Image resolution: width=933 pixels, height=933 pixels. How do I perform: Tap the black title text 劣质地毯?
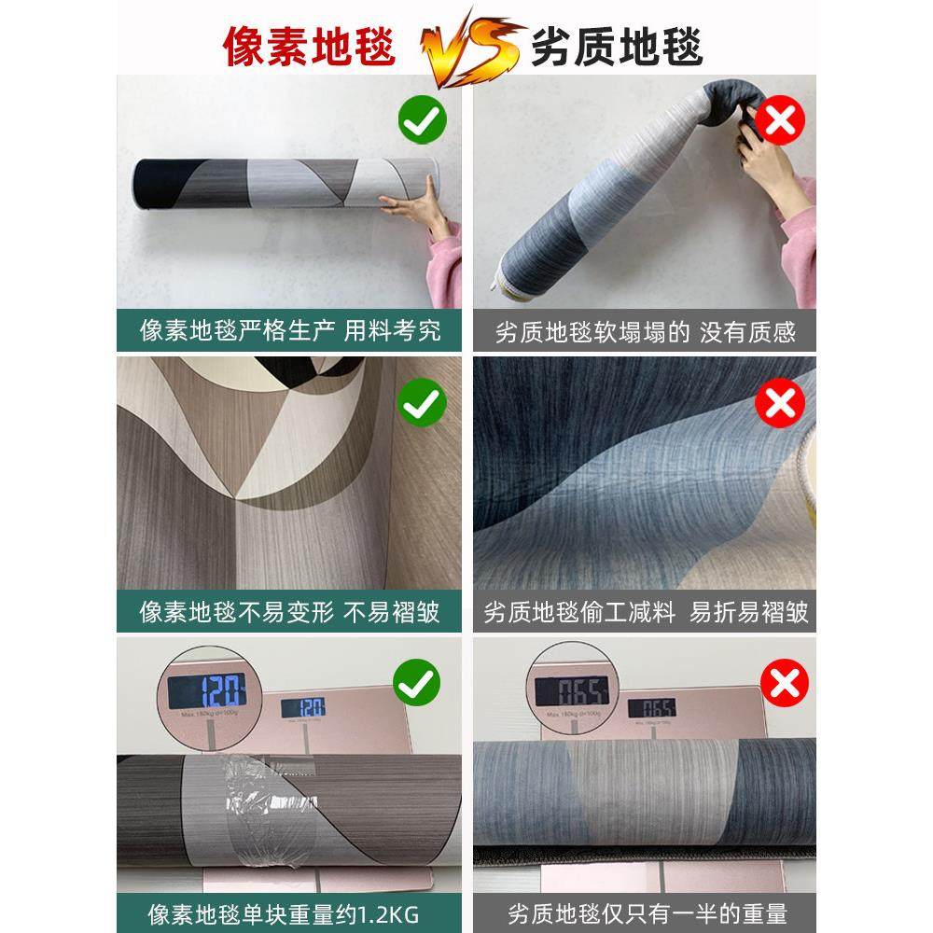coord(617,44)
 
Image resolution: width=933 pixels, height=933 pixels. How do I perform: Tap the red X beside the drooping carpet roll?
coord(783,120)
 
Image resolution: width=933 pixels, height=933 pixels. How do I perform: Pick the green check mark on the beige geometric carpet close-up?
coord(423,403)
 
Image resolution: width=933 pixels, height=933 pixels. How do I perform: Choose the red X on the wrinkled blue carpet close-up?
coord(783,403)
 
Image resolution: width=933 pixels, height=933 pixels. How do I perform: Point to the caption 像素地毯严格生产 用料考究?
coord(289,330)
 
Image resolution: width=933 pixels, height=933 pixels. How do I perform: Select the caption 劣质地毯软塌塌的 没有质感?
coord(645,332)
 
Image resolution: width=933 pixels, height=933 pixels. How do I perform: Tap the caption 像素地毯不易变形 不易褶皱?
coord(289,612)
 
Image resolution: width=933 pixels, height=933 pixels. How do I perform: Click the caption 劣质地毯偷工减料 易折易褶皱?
coord(645,613)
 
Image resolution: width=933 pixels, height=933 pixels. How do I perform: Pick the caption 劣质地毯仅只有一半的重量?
coord(645,911)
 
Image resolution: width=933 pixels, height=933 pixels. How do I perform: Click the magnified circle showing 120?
coord(204,691)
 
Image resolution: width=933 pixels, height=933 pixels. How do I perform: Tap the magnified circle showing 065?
coord(571,691)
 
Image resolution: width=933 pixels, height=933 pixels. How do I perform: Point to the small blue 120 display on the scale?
coord(303,707)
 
